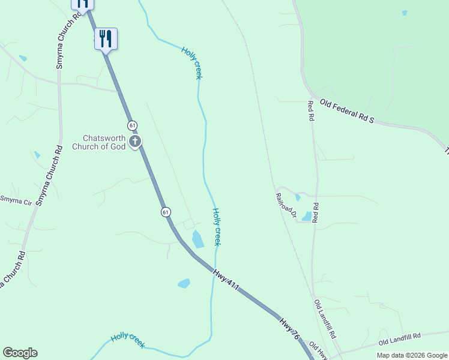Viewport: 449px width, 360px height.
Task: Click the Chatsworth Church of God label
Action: point(99,142)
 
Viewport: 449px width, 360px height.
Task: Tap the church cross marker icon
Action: point(136,142)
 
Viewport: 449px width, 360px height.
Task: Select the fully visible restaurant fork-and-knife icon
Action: point(106,40)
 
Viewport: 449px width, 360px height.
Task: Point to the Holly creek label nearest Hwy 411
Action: point(217,227)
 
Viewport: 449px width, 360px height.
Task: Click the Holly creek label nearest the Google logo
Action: point(127,340)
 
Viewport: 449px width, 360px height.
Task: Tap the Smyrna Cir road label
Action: point(16,200)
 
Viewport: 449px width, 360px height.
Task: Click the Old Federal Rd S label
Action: point(347,112)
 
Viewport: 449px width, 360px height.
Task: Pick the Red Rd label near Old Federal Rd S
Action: point(310,110)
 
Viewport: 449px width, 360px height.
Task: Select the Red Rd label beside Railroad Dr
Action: point(316,213)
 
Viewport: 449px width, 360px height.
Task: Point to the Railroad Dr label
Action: point(286,204)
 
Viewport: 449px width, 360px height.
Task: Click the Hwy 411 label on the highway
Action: point(226,280)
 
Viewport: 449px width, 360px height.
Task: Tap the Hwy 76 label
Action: point(288,329)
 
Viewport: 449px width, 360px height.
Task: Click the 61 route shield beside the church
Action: point(132,125)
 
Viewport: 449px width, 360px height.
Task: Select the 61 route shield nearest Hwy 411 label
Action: point(166,212)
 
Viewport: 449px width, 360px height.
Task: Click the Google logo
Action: point(20,353)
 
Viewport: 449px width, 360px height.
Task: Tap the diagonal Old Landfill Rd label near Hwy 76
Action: point(325,318)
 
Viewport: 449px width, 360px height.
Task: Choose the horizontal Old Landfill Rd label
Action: point(400,340)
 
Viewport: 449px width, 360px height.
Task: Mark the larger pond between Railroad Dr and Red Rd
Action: point(307,216)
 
